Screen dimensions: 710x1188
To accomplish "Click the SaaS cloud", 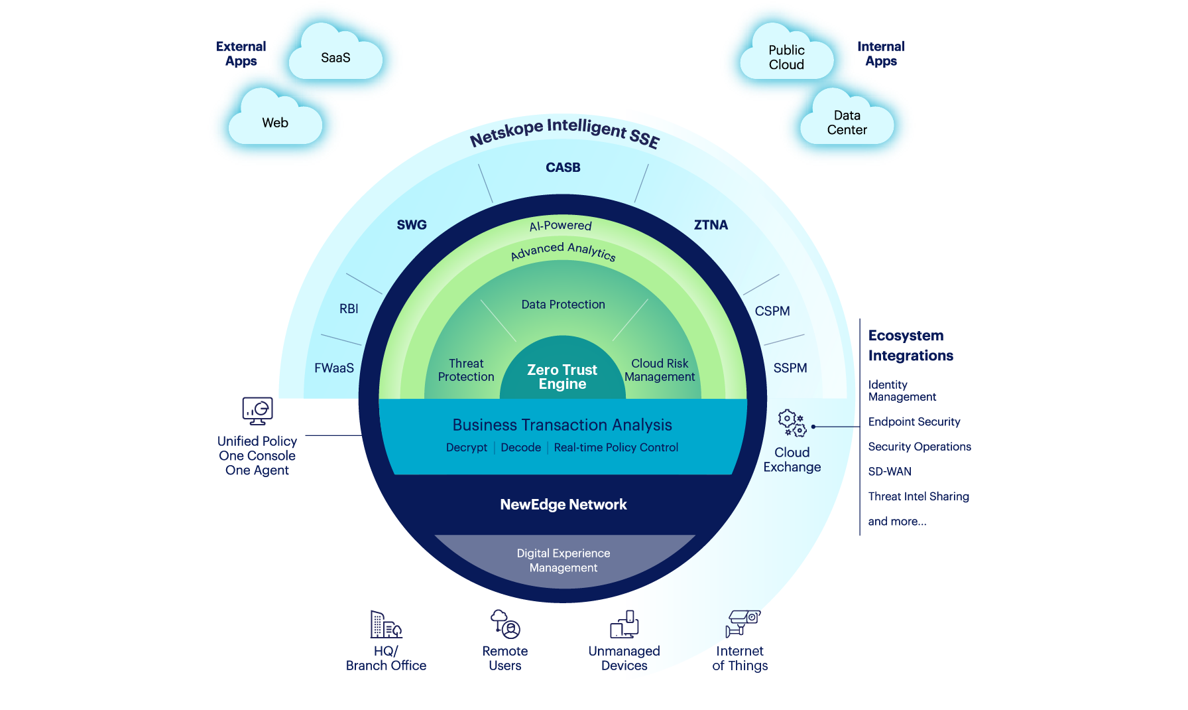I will pyautogui.click(x=335, y=58).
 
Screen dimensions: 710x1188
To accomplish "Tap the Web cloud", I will pyautogui.click(x=275, y=123).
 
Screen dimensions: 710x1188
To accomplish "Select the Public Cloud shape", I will pyautogui.click(x=786, y=58).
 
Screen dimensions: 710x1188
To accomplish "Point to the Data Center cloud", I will pyautogui.click(x=847, y=123).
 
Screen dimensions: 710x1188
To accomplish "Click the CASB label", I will pyautogui.click(x=563, y=168).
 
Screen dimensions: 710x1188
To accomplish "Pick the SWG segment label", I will pyautogui.click(x=412, y=225).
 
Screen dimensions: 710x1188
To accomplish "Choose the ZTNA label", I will pyautogui.click(x=711, y=225).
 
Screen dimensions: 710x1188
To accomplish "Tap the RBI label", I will pyautogui.click(x=349, y=309).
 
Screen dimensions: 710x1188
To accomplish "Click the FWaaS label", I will pyautogui.click(x=334, y=368).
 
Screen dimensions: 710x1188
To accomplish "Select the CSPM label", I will pyautogui.click(x=772, y=311).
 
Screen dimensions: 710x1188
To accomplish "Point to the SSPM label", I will pyautogui.click(x=790, y=368).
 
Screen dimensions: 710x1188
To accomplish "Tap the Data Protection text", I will pyautogui.click(x=563, y=305).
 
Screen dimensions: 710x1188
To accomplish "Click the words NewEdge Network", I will pyautogui.click(x=563, y=504).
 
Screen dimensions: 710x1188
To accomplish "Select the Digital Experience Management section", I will pyautogui.click(x=564, y=560).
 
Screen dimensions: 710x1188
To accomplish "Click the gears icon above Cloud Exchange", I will pyautogui.click(x=792, y=423).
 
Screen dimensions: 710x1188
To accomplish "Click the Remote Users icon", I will pyautogui.click(x=505, y=624).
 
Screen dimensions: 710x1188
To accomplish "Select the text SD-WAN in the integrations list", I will pyautogui.click(x=890, y=472).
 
